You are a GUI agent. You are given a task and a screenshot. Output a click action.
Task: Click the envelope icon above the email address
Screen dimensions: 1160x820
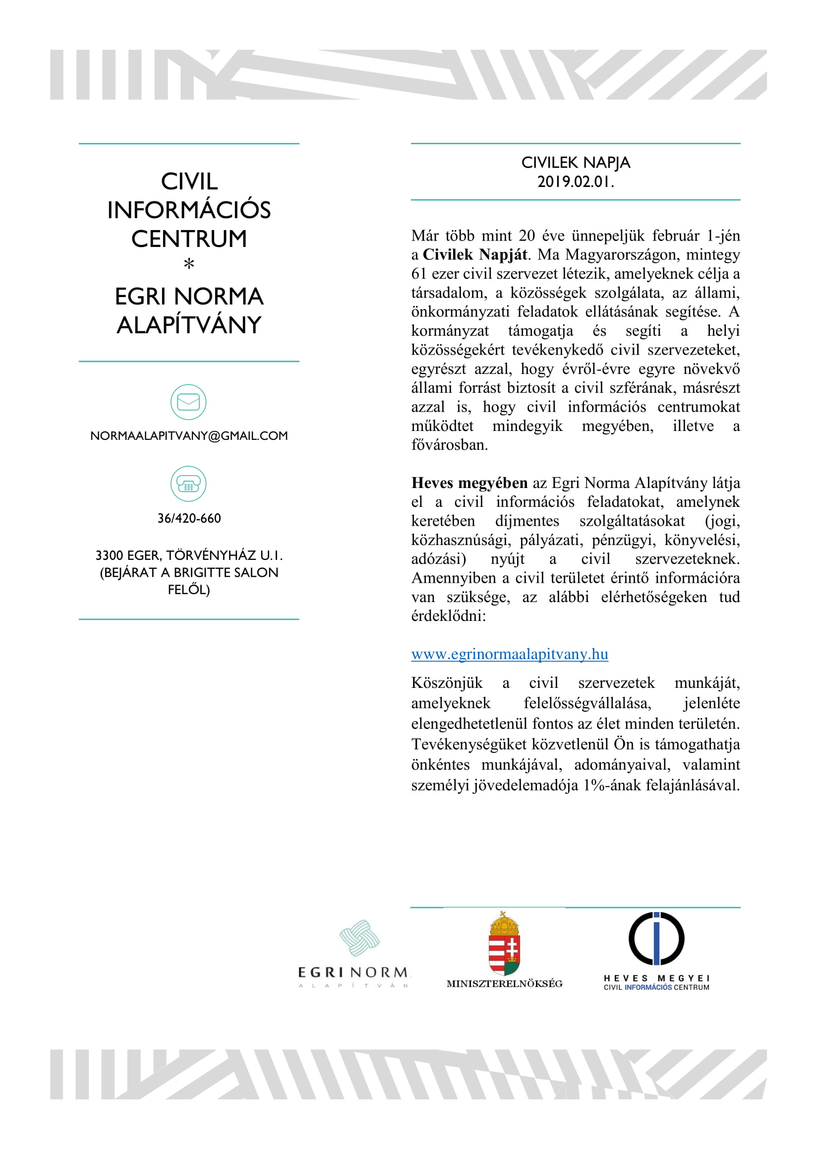(188, 402)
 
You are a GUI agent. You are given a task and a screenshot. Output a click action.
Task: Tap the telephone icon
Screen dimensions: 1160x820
(188, 484)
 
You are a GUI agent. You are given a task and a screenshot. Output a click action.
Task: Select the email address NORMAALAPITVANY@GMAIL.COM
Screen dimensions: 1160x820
(189, 436)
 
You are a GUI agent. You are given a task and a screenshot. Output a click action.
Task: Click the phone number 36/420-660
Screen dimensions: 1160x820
(189, 518)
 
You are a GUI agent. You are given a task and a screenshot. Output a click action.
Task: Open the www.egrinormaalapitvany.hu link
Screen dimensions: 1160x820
(510, 654)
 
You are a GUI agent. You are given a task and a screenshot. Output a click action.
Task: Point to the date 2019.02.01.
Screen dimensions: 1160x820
(576, 182)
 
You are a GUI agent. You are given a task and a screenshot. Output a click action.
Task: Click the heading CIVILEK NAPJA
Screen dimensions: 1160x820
(576, 163)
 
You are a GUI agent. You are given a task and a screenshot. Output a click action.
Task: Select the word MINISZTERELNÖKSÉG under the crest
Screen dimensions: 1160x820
(504, 983)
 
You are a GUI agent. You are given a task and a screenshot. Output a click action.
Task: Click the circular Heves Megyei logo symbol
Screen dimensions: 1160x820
(656, 939)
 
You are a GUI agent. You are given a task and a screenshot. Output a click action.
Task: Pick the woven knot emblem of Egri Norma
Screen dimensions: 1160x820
(359, 938)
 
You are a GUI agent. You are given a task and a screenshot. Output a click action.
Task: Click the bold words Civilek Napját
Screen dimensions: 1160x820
(475, 254)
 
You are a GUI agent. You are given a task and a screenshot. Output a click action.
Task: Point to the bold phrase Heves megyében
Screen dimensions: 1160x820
(469, 483)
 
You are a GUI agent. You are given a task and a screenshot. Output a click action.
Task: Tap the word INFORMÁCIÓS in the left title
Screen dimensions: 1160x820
(189, 210)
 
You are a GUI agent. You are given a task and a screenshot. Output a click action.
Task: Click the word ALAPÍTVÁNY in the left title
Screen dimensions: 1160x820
(189, 325)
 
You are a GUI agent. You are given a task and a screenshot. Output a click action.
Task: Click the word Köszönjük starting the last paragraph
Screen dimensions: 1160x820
(447, 683)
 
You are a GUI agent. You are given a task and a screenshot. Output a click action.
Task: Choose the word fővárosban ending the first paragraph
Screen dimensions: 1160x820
(449, 445)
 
